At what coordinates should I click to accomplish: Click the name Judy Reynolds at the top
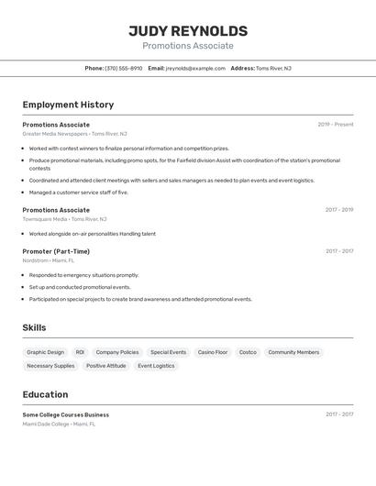[188, 31]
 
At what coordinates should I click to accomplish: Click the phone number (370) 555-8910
[124, 68]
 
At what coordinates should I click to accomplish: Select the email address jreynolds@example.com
[195, 68]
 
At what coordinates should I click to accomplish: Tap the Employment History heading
[68, 105]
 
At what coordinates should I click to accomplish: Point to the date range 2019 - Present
[335, 125]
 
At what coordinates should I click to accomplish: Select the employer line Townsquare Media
[45, 219]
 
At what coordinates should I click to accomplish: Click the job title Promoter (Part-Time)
[56, 251]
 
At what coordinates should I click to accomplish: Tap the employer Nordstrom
[35, 260]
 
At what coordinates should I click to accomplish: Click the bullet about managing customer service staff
[79, 193]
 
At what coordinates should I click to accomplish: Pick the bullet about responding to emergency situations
[84, 275]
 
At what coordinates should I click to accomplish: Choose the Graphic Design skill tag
[46, 352]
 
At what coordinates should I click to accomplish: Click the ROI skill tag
[80, 352]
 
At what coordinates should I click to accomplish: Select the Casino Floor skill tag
[213, 352]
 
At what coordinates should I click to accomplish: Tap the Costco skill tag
[248, 352]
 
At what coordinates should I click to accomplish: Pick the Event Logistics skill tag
[156, 366]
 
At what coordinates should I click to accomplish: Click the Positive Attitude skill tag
[106, 366]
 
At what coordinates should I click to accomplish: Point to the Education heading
[45, 394]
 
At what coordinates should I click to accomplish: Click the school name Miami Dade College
[46, 424]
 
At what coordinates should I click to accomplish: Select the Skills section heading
[34, 327]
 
